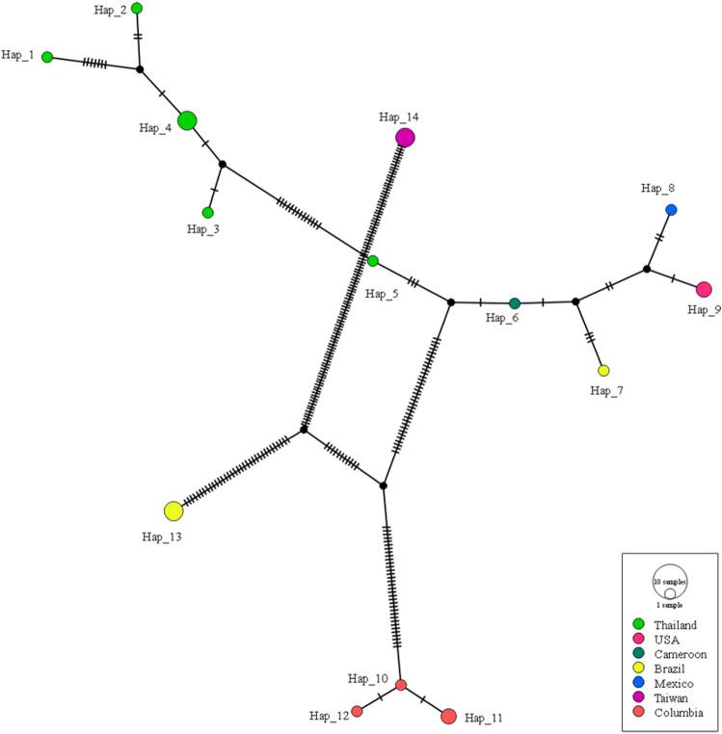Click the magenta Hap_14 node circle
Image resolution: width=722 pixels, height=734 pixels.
click(405, 138)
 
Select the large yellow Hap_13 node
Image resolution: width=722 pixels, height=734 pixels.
click(174, 511)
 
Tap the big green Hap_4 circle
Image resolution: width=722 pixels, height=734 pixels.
click(187, 120)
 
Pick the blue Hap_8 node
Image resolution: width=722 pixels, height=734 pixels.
click(671, 210)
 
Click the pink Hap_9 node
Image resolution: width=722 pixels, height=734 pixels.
click(704, 289)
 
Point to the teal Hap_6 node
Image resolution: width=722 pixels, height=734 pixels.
click(515, 303)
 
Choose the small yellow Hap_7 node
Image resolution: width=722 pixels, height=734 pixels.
click(603, 371)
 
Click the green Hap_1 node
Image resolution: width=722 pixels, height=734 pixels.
click(47, 57)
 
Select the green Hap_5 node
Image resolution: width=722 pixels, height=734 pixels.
click(373, 261)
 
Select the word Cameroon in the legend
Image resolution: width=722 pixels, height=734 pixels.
click(681, 654)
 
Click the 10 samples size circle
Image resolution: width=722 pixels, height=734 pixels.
click(669, 582)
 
